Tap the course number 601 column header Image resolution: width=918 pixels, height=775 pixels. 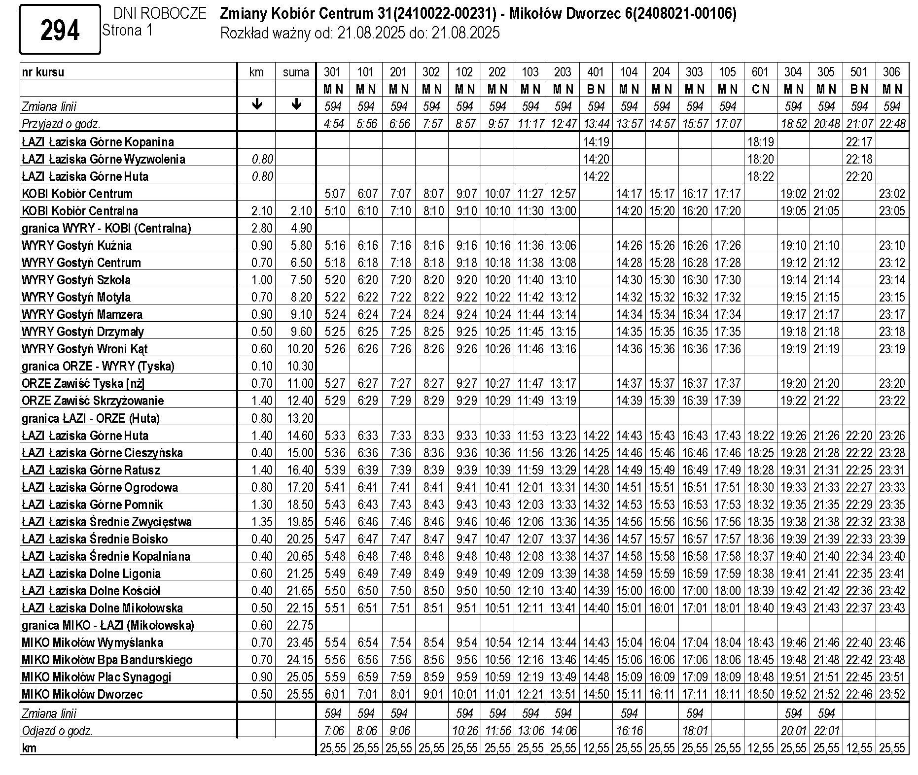coord(760,72)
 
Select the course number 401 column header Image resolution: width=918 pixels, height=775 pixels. coord(596,72)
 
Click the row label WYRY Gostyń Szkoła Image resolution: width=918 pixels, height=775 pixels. coord(76,280)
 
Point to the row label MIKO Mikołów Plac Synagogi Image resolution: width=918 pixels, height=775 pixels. coord(96,677)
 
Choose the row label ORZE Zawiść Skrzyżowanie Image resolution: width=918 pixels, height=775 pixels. coord(93,401)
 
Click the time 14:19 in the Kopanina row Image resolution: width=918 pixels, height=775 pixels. coord(596,142)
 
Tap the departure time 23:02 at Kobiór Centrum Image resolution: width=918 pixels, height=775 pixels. coord(892,194)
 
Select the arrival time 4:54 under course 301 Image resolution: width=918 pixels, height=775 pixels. coord(333,124)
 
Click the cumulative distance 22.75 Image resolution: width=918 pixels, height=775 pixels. coord(300,625)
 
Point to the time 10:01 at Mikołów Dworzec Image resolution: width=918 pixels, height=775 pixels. coord(464,694)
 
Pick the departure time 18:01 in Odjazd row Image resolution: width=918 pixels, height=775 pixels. coord(694,731)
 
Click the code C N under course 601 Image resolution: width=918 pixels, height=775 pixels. coord(760,89)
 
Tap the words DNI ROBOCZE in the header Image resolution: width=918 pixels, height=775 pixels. coord(159,13)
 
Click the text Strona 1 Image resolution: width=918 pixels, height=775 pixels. coord(127,31)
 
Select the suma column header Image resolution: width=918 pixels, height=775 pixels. coord(296,72)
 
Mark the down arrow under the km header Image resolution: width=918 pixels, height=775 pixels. coord(256,104)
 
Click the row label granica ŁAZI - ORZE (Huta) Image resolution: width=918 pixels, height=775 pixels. coord(91,418)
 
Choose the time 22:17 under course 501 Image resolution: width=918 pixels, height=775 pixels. coord(859,142)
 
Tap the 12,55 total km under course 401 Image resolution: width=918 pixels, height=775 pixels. coord(596,748)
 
